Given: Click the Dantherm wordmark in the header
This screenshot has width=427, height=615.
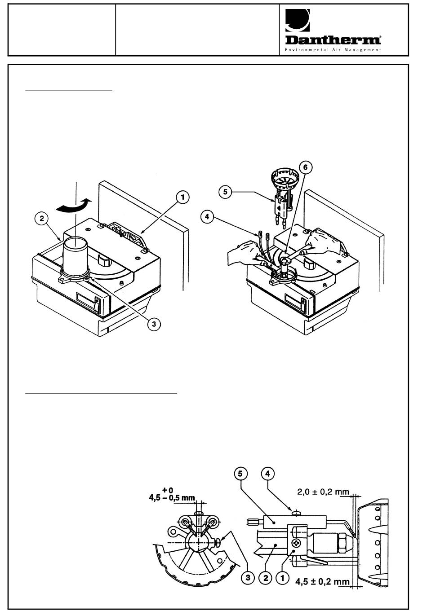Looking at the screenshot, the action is click(333, 40).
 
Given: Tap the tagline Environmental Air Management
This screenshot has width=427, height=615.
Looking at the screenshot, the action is click(333, 50).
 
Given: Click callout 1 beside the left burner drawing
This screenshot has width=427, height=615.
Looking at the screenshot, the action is click(182, 198).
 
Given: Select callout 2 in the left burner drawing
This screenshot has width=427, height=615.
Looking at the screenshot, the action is click(42, 219).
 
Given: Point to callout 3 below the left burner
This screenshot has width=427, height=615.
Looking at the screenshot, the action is click(154, 324).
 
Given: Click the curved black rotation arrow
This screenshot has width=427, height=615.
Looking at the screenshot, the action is click(73, 206).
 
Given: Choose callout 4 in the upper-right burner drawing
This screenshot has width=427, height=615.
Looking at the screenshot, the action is click(207, 217).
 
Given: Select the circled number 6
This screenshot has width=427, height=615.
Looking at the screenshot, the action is click(306, 167).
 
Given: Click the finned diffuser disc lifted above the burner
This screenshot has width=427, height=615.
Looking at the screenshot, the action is click(285, 179).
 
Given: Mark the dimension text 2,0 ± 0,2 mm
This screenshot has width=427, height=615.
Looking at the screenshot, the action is click(323, 492).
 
